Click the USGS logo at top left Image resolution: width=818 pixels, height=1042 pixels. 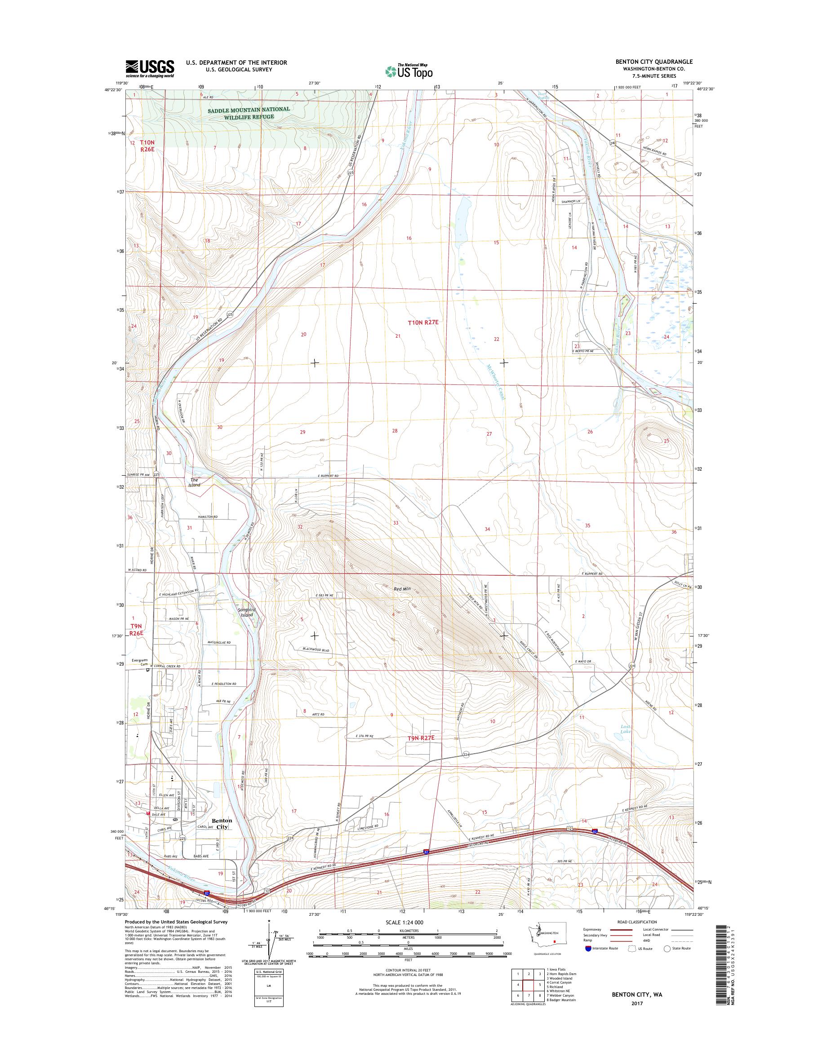click(x=150, y=68)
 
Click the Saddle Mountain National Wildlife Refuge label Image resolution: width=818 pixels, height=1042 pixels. click(x=249, y=112)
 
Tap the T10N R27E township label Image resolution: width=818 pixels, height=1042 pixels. click(x=423, y=322)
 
